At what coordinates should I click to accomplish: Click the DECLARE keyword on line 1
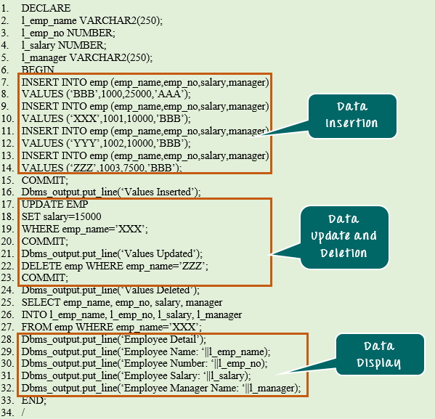46,8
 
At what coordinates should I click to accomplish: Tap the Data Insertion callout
352,116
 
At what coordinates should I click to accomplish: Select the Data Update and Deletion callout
344,237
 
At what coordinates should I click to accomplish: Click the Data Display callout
380,354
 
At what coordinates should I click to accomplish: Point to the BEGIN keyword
38,70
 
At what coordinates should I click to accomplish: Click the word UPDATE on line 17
38,204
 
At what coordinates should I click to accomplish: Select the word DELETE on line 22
41,266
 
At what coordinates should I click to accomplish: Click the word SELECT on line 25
41,302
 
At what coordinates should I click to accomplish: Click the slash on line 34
23,412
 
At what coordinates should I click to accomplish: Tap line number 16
7,192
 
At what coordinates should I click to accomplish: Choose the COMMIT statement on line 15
45,180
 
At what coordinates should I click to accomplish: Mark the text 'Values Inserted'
158,192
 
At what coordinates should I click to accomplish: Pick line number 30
7,364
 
